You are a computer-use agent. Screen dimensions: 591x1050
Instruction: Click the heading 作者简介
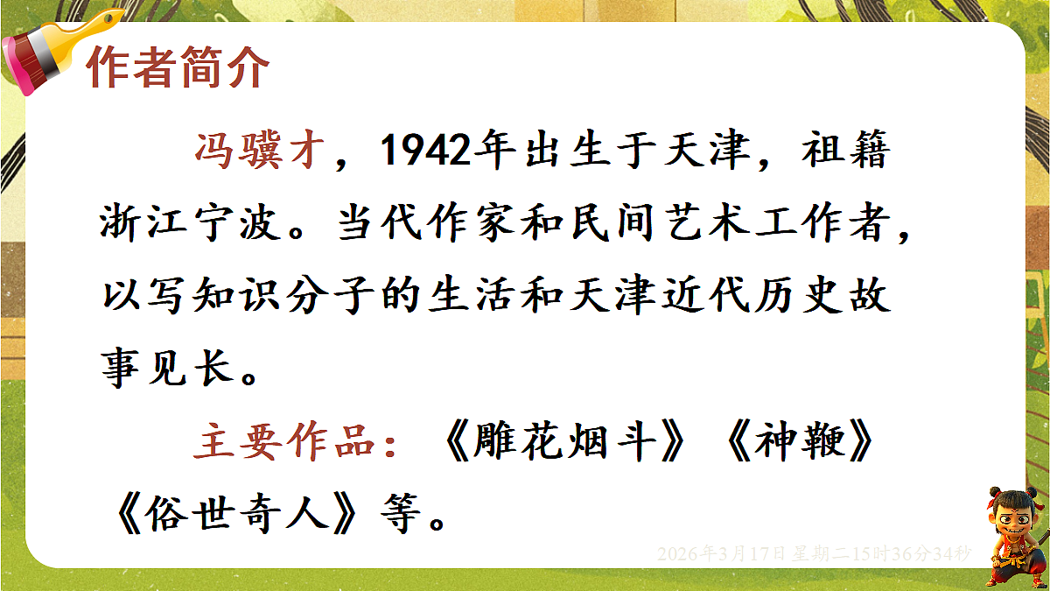177,68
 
